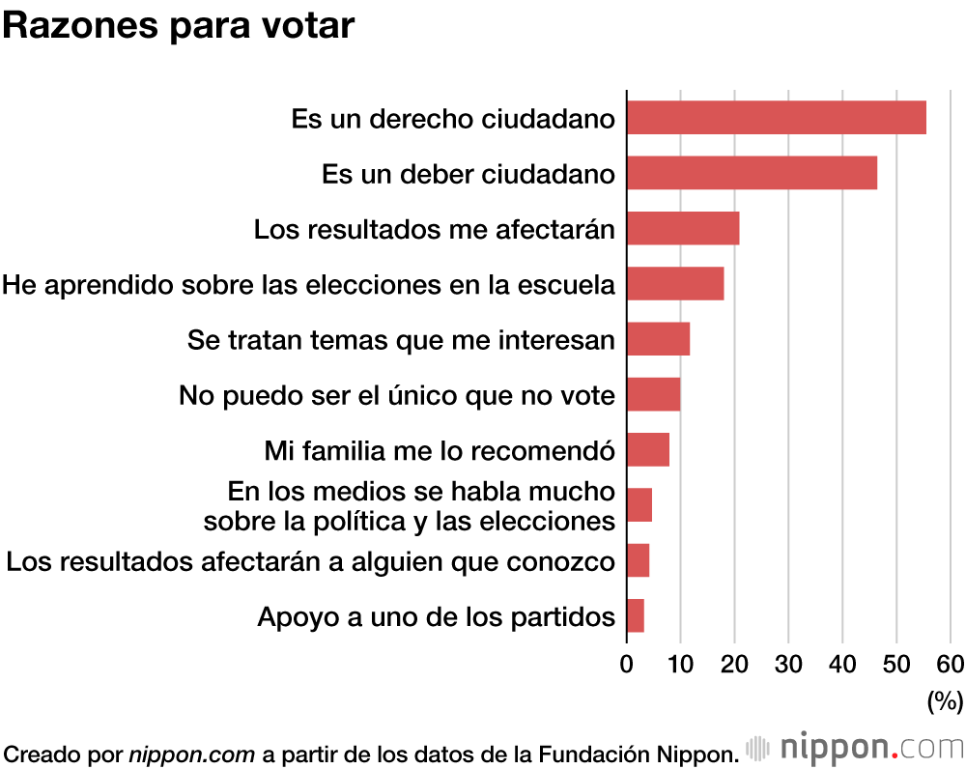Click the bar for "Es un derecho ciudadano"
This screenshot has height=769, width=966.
coord(776,118)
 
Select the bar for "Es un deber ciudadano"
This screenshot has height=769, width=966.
coord(752,173)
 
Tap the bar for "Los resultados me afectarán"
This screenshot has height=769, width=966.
coord(683,228)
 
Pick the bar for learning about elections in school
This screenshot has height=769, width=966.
coord(675,283)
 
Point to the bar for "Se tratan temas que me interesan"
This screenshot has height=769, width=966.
coord(658,339)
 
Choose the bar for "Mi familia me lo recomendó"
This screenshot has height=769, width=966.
coord(648,450)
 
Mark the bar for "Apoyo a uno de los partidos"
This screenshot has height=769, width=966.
coord(636,615)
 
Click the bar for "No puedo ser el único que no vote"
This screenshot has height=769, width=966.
coord(653,394)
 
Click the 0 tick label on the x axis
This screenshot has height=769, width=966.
coord(627,664)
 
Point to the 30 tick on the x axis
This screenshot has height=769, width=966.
coord(788,664)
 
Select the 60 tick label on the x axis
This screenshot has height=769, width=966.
coord(950,664)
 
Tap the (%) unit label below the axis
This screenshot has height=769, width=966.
coord(945,701)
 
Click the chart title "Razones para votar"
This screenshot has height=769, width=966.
coord(179,26)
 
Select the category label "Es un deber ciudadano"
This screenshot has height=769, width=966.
coord(469,174)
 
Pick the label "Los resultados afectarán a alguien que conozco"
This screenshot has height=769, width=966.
coord(310,560)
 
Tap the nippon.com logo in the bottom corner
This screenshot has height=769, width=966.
coord(855,748)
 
